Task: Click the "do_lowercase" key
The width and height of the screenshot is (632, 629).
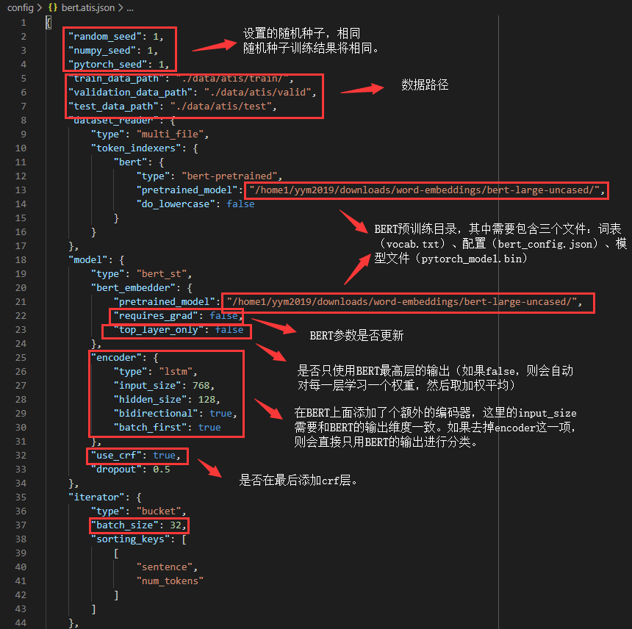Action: (176, 204)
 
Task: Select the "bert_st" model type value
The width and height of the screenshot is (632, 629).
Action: (164, 273)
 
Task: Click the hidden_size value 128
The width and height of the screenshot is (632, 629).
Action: (207, 399)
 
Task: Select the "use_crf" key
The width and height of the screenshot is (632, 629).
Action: (116, 455)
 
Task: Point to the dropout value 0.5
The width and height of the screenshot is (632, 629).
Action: (162, 469)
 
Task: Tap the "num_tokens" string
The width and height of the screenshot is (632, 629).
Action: (170, 581)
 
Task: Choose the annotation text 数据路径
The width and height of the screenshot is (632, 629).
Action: (424, 85)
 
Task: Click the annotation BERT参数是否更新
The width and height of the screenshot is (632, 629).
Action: (356, 336)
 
